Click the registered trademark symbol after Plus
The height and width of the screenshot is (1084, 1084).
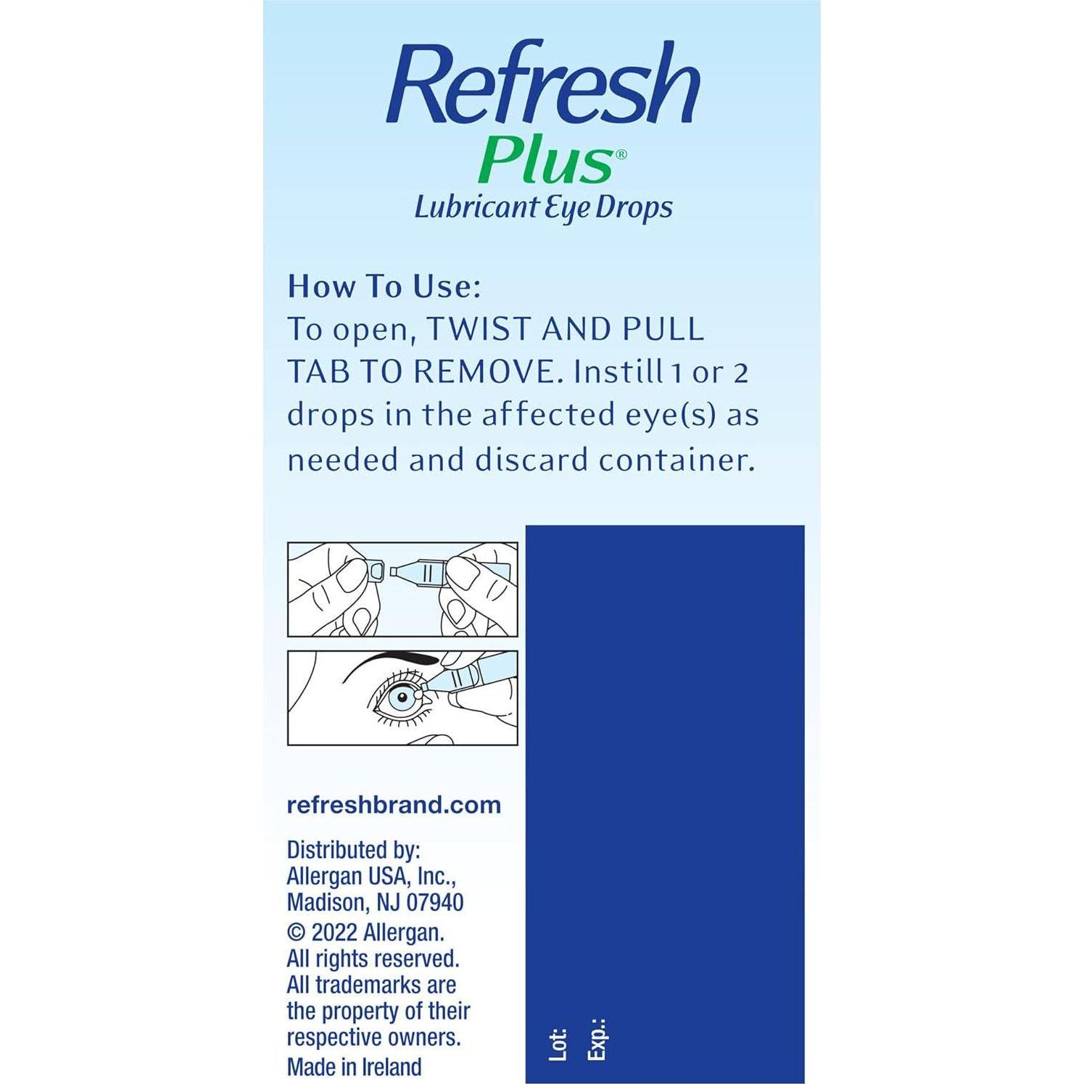pos(621,154)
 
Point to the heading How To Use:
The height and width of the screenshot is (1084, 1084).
pos(384,286)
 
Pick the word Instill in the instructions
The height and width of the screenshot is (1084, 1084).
pos(616,372)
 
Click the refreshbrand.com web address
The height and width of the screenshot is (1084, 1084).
pos(394,805)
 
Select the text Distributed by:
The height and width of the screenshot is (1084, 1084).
pos(354,850)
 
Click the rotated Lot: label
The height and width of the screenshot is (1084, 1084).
pos(558,1044)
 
